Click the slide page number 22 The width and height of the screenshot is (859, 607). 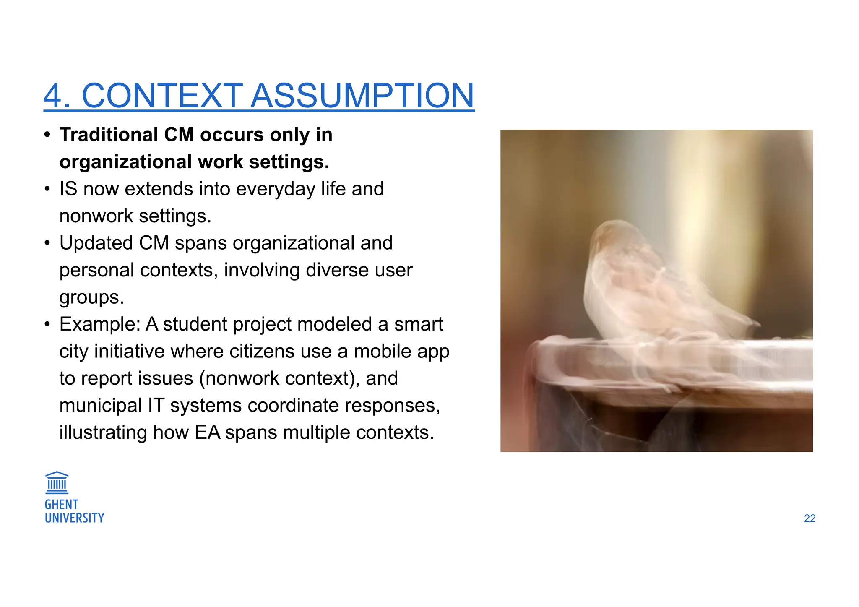810,518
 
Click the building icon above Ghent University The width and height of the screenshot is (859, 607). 57,482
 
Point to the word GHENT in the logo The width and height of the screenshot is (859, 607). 61,504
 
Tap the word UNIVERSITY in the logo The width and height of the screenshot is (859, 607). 74,518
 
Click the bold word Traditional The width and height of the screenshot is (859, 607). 108,135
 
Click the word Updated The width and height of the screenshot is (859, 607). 96,243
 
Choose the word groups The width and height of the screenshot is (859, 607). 91,298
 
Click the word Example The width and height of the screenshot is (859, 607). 99,324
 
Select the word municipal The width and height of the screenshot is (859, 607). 100,406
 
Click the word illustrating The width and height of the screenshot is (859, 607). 103,432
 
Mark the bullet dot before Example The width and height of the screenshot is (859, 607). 47,324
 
